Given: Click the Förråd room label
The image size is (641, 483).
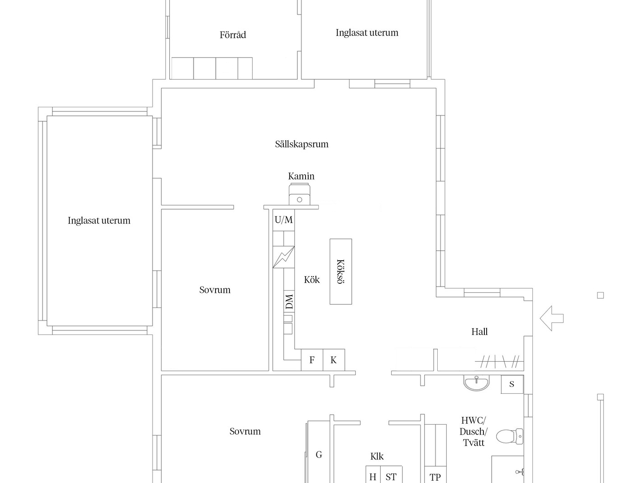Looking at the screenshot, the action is tap(233, 35).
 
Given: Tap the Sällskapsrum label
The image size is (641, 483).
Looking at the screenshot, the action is tap(301, 144).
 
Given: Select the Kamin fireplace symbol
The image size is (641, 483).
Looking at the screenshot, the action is tap(299, 194).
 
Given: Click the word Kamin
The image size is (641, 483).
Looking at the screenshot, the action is tap(301, 176).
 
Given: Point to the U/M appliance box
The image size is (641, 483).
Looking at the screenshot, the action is tap(283, 220).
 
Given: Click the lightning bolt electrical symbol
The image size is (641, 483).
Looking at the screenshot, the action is tap(283, 257).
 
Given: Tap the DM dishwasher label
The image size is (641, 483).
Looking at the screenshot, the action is tap(289, 301).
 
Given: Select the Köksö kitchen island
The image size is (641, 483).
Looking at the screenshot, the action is tap(341, 272).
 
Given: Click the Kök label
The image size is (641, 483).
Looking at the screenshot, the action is tap(311, 280).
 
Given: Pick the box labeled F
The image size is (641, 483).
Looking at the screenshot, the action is tap(312, 360).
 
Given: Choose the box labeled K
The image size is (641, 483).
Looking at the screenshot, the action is tap(334, 360).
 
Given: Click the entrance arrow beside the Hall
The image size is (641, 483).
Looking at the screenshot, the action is tap(551, 318).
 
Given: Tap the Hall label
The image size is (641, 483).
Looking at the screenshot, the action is tap(479, 332).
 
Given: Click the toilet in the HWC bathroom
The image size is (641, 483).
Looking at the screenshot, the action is tap(510, 436).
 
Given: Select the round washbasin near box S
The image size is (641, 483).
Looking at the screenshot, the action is tap(476, 383).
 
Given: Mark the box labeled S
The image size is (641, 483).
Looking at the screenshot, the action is tap(512, 384).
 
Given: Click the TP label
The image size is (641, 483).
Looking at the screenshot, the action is tap(435, 477).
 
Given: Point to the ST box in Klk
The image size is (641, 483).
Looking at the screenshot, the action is tap(391, 474).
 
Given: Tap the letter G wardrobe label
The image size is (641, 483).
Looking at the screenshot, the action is tap(319, 454).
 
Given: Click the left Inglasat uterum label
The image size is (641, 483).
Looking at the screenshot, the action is tap(99, 220).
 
